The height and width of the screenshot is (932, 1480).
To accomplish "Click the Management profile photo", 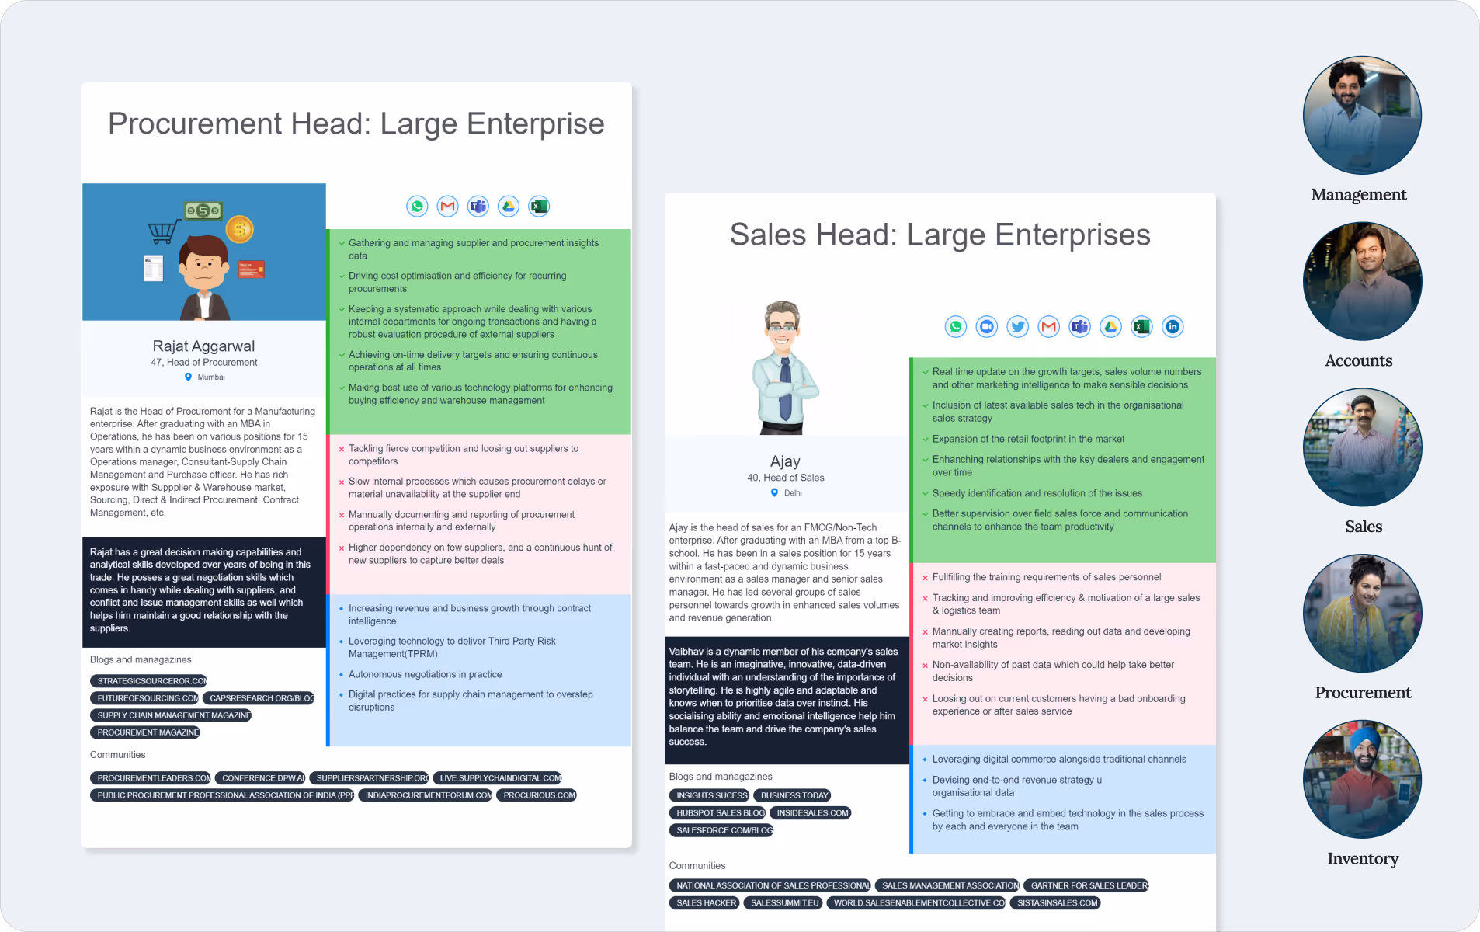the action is click(x=1362, y=115).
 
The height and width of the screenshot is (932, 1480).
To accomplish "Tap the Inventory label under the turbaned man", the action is click(x=1363, y=858).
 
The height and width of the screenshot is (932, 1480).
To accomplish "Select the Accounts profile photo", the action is click(x=1362, y=281).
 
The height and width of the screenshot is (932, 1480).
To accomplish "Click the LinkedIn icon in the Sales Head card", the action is click(x=1173, y=327).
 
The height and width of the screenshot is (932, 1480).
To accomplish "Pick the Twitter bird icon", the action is click(x=1017, y=327).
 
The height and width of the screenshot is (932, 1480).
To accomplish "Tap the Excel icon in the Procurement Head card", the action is click(x=539, y=206).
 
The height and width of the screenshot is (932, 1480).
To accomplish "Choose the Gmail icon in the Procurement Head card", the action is click(x=447, y=206).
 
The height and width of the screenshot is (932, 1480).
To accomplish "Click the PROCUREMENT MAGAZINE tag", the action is click(x=146, y=732).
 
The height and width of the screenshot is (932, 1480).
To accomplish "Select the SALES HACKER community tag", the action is click(x=706, y=903).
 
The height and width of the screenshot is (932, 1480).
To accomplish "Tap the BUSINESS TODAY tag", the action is click(x=794, y=795).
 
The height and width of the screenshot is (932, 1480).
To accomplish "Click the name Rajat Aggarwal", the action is click(x=203, y=346).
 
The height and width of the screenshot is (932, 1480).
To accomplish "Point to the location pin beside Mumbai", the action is click(x=188, y=377).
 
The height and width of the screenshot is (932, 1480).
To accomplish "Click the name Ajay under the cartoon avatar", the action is click(x=785, y=461).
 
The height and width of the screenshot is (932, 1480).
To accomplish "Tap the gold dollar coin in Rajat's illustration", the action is click(x=239, y=228).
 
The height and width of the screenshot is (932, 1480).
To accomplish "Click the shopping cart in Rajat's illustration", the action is click(x=163, y=231).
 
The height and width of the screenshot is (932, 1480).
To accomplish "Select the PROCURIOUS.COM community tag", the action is click(x=538, y=795).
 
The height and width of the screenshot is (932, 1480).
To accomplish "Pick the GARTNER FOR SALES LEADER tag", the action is click(x=1088, y=885).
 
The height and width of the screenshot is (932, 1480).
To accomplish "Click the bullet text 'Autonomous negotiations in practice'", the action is click(x=425, y=674).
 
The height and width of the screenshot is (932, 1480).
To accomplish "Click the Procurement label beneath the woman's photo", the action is click(x=1363, y=693).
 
